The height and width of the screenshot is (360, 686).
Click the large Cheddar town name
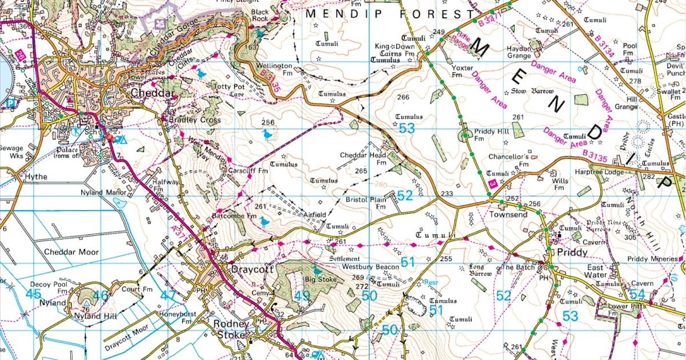(x=152, y=93)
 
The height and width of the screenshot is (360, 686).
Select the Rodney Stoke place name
(x=230, y=329)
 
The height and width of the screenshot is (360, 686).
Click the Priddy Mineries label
(x=652, y=259)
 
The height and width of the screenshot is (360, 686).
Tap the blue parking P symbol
(x=10, y=103)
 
